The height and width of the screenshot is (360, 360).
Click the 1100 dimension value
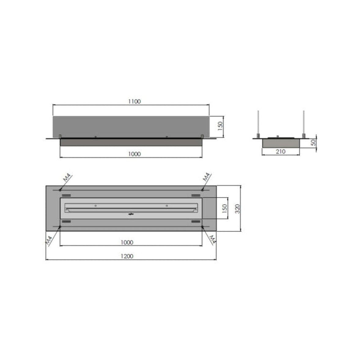click(134, 102)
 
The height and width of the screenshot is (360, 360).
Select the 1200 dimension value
click(127, 256)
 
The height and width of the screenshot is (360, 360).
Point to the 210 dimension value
click(280, 152)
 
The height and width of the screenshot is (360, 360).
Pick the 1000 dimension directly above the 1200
click(127, 242)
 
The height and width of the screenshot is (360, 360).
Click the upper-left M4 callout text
click(67, 177)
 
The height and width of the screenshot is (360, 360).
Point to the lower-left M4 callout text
click(50, 239)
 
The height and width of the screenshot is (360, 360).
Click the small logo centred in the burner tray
click(131, 214)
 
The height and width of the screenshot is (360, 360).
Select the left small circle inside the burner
click(96, 206)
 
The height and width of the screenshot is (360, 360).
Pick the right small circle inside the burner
click(167, 206)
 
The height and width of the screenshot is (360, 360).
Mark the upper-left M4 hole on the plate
click(60, 190)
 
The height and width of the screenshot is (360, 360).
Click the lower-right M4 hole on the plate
click(202, 227)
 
